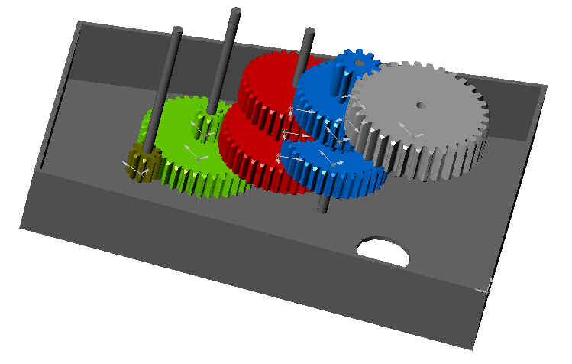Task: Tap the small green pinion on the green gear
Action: pos(205,125)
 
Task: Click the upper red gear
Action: pos(267,84)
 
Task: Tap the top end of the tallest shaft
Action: pos(236,12)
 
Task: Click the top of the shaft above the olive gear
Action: pos(177,31)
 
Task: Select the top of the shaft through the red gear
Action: pos(309,32)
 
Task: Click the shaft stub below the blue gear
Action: pos(324,204)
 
